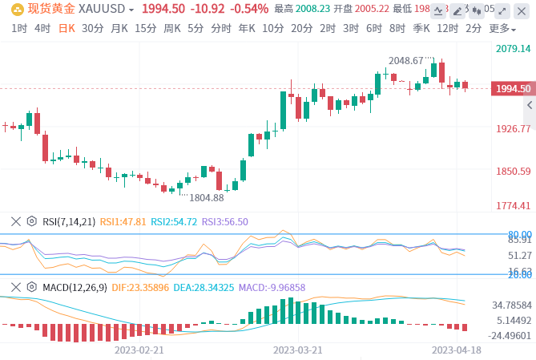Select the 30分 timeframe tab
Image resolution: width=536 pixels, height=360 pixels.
[93, 27]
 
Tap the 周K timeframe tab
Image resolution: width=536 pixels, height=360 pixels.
[172, 27]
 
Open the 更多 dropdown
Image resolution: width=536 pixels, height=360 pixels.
[502, 28]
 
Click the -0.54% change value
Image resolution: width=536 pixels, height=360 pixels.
[249, 9]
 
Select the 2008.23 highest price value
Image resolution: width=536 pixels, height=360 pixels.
[314, 9]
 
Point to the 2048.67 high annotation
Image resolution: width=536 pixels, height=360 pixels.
[405, 60]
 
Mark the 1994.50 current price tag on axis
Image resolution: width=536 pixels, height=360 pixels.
[514, 89]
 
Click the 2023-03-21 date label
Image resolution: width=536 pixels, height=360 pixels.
[298, 350]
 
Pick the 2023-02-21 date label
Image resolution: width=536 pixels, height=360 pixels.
[139, 350]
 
